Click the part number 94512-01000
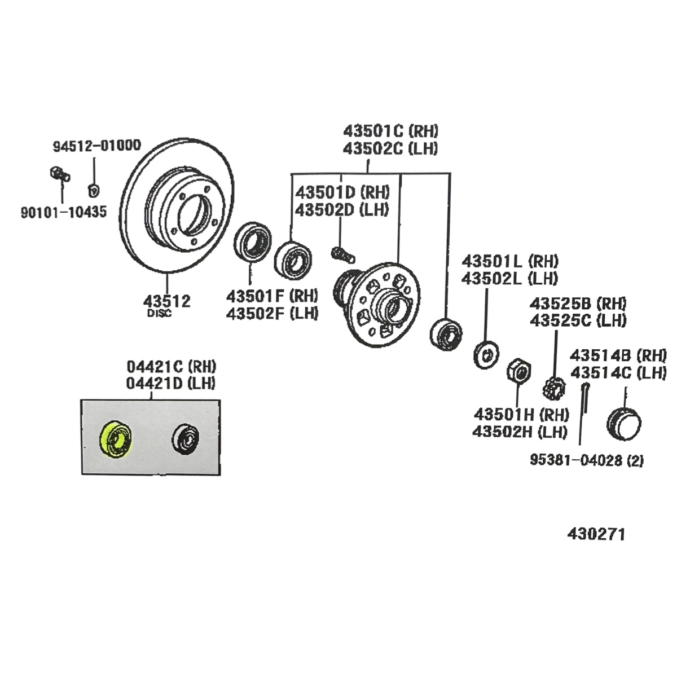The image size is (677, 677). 97,146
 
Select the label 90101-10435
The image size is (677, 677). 64,213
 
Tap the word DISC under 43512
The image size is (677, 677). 159,314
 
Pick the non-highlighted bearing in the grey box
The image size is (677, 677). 186,438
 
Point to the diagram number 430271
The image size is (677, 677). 596,534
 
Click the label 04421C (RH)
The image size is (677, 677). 171,366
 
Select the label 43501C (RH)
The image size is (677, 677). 390,131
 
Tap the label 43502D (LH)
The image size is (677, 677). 342,209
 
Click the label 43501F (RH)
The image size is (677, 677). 272,295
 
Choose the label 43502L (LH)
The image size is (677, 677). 509,278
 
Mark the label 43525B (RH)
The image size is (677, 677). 577,303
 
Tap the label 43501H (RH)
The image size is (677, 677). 521,415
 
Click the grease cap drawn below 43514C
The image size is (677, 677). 624,423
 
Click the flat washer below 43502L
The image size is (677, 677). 486,354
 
